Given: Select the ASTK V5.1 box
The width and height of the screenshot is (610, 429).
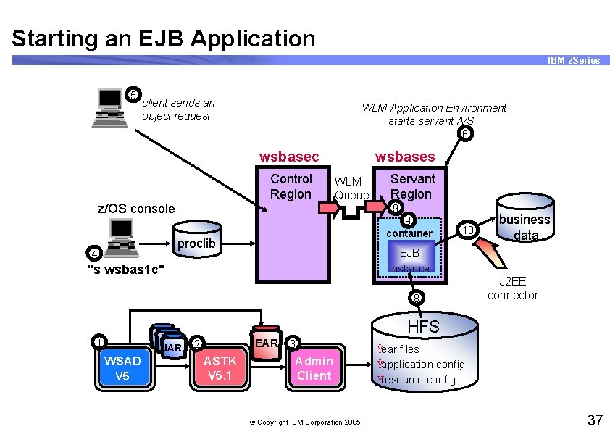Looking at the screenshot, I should pyautogui.click(x=220, y=368).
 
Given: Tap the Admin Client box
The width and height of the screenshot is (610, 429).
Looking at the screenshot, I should pyautogui.click(x=314, y=368).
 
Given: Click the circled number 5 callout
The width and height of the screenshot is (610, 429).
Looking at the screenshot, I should pyautogui.click(x=133, y=94).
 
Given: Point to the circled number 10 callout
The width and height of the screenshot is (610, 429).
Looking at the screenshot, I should pyautogui.click(x=469, y=230).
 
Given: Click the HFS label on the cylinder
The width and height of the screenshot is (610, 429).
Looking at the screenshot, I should pyautogui.click(x=423, y=327).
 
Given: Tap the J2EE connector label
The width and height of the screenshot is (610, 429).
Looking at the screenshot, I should pyautogui.click(x=512, y=288).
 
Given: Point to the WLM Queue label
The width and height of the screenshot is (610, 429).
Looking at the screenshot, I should pyautogui.click(x=351, y=188).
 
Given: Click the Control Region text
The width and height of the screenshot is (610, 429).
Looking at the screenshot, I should pyautogui.click(x=291, y=186).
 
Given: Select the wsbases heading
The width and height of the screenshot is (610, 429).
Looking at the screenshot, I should pyautogui.click(x=404, y=157).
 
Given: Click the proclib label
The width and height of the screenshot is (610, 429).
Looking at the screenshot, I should pyautogui.click(x=196, y=243).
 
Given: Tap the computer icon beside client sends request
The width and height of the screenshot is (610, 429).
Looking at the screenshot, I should pyautogui.click(x=109, y=107).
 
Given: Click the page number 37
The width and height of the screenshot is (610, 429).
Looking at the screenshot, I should pyautogui.click(x=595, y=420).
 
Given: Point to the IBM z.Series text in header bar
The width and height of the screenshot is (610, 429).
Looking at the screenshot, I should pyautogui.click(x=574, y=61).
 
